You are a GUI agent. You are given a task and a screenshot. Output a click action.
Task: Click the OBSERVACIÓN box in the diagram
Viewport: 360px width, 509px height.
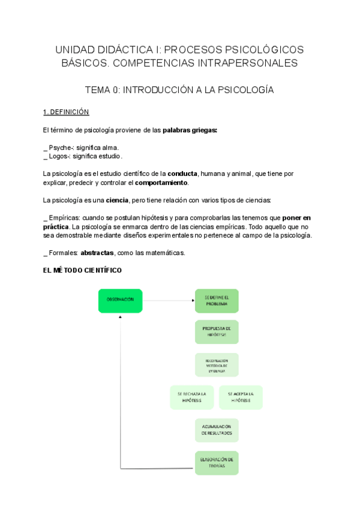120,301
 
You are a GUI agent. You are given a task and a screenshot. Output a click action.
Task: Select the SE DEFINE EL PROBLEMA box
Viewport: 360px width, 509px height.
217,301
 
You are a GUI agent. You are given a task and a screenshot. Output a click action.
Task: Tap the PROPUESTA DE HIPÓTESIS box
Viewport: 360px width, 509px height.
217,332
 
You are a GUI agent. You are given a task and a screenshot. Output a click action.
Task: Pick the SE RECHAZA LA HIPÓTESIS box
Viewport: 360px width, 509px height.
192,397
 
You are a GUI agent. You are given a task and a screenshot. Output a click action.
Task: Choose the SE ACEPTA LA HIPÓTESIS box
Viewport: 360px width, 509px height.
241,397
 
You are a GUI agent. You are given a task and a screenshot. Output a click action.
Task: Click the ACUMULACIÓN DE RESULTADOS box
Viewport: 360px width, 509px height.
217,430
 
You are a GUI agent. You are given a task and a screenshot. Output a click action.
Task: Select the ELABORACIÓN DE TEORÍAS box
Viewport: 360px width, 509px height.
217,463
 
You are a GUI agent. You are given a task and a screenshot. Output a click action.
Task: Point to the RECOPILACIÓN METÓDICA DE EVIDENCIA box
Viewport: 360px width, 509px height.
217,364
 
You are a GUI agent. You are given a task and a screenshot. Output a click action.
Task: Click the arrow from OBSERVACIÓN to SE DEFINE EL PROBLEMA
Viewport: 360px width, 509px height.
168,300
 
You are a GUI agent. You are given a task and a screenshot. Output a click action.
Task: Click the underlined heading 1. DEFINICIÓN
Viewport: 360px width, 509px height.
66,112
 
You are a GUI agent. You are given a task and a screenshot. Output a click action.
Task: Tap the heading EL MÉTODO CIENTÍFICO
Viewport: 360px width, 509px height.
83,271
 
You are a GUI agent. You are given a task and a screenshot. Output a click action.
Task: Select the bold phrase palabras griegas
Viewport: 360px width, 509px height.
190,130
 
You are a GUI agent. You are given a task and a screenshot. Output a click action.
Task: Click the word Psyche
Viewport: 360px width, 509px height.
59,147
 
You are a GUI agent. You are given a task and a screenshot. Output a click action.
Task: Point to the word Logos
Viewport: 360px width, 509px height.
58,156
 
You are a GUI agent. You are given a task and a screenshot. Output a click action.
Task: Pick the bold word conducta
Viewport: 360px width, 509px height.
182,173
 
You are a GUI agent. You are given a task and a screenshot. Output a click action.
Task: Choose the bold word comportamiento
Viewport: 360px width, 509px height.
161,182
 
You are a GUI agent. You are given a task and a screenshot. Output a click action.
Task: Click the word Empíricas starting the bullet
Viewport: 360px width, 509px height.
63,217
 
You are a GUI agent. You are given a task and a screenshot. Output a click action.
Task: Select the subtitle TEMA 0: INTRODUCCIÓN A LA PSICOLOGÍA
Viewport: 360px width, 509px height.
179,90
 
